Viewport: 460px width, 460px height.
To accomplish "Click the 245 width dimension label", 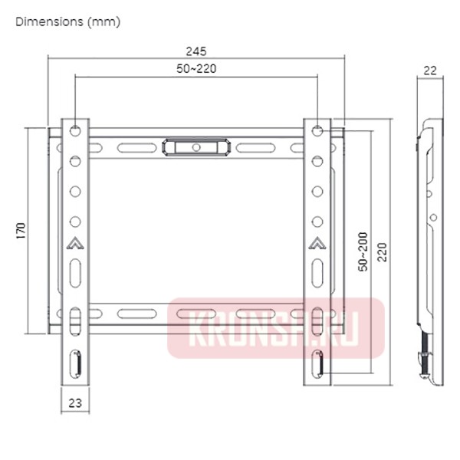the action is pos(196,51).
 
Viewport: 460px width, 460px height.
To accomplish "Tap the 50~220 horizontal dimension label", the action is pos(196,69).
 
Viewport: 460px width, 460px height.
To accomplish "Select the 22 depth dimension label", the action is pos(430,71).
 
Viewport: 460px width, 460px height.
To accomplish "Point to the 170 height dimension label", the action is pos(21,231).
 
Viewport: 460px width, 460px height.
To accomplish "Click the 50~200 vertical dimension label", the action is pos(363,251).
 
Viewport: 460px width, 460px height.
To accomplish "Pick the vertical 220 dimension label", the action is pos(383,252).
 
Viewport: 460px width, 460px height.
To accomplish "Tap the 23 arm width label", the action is pos(75,403).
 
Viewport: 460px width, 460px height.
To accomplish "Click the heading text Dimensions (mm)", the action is pos(68,22).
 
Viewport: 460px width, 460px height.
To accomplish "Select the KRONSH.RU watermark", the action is pos(276,328).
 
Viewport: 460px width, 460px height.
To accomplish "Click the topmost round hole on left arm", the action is pos(75,130).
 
